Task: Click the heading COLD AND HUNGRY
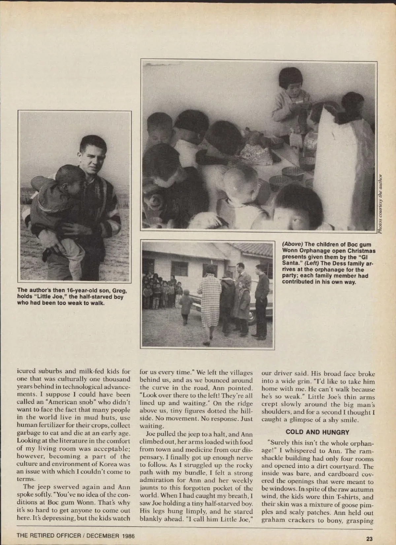(x=317, y=432)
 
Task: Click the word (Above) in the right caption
(x=292, y=244)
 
